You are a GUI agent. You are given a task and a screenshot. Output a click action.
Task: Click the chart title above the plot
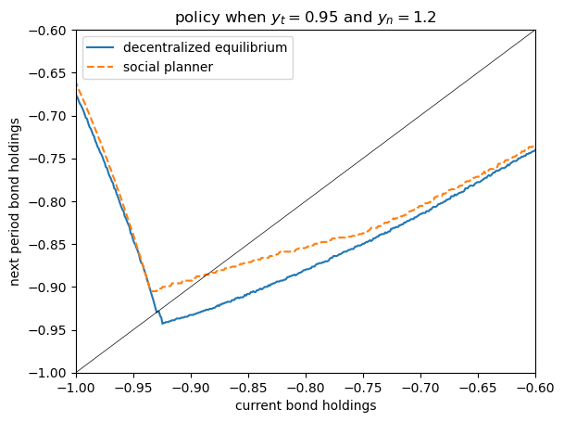click(305, 17)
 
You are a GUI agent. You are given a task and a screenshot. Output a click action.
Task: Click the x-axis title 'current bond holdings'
click(306, 405)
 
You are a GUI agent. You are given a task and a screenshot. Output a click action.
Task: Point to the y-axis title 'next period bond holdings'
click(15, 201)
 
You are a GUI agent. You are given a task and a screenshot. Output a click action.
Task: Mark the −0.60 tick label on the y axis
click(47, 31)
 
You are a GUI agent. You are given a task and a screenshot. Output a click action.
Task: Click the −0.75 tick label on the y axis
click(47, 159)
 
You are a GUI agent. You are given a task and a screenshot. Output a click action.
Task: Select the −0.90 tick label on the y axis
click(47, 287)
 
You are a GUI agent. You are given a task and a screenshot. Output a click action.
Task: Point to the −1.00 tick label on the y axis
click(47, 372)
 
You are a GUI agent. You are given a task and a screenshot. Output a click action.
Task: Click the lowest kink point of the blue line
click(162, 323)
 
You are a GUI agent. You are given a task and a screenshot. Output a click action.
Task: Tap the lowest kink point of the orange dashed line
click(152, 291)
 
